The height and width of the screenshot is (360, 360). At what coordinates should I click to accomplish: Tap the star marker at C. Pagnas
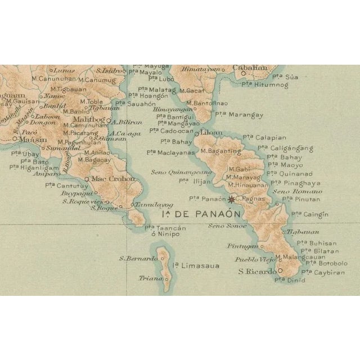(231, 198)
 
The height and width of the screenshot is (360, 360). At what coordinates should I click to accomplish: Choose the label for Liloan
(212, 133)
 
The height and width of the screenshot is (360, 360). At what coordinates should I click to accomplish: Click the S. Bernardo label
(138, 258)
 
